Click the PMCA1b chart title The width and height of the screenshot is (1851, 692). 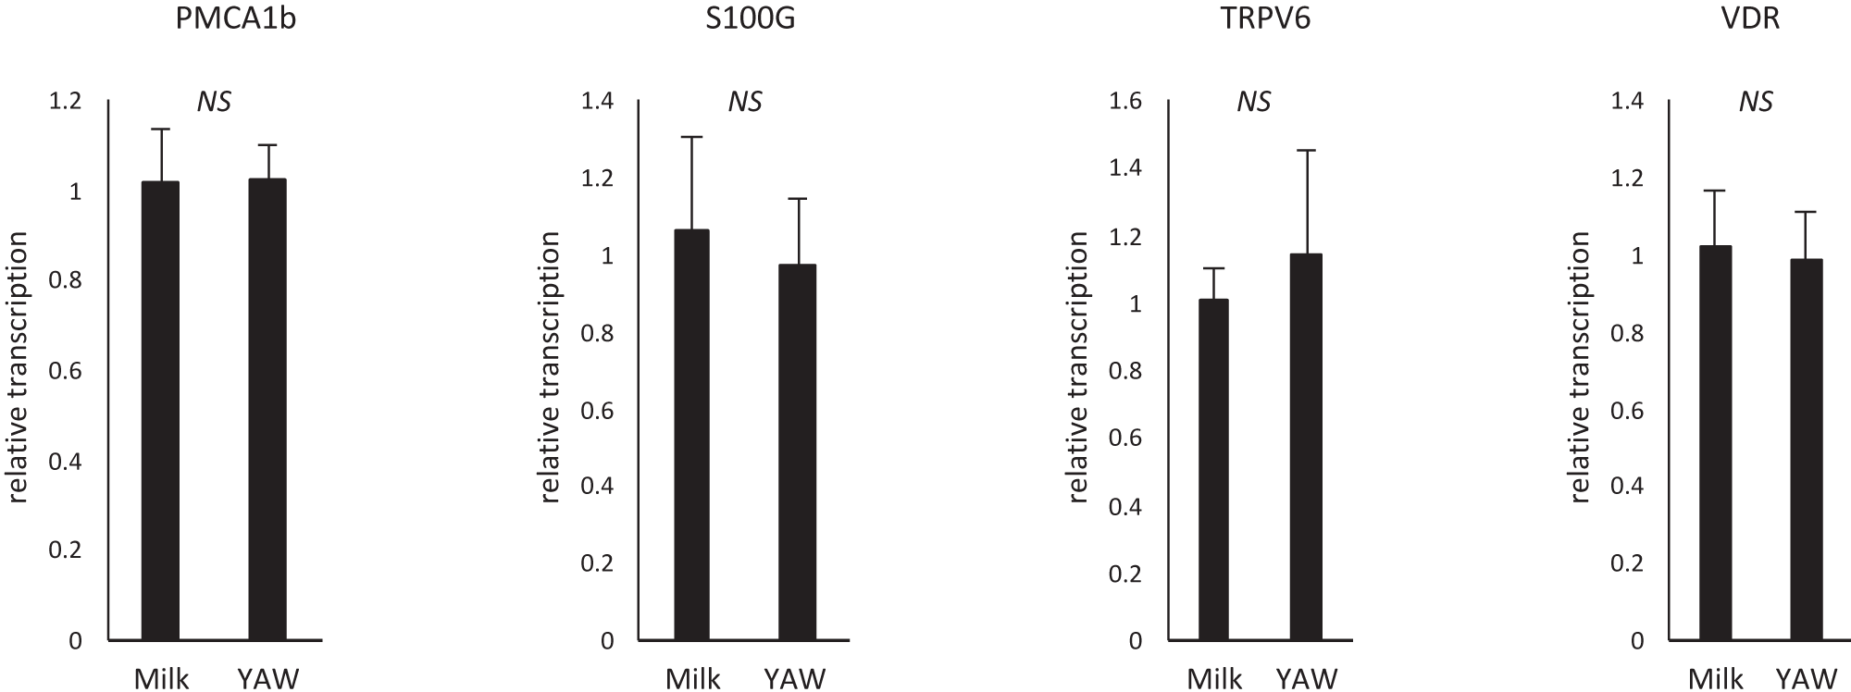(235, 19)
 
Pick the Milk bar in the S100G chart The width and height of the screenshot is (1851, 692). (691, 435)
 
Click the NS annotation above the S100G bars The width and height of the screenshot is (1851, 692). (745, 101)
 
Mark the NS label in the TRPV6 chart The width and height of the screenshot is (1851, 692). (1254, 101)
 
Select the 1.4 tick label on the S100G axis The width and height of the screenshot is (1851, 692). (597, 101)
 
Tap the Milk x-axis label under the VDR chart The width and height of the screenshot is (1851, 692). (1716, 679)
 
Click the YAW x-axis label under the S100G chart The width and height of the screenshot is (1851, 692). (795, 679)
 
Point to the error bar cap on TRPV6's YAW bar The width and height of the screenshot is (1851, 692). (1306, 150)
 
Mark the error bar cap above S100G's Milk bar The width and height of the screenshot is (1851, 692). (691, 137)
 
